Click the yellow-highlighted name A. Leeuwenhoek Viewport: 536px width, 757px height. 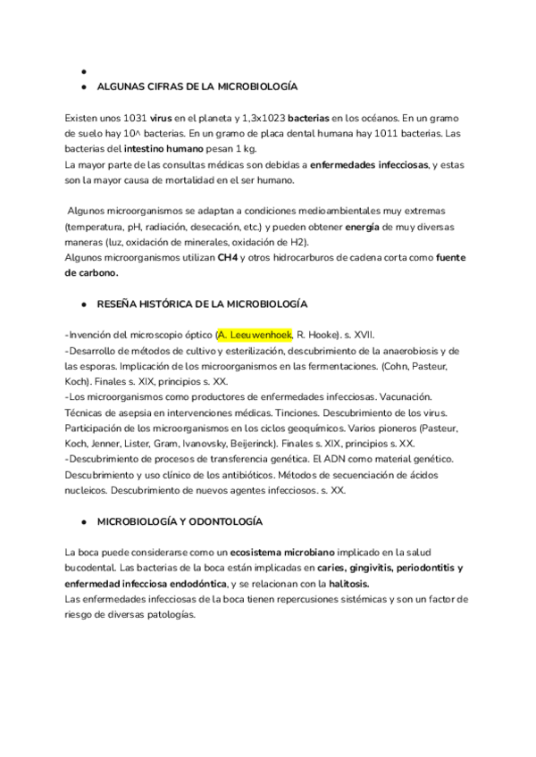(x=255, y=335)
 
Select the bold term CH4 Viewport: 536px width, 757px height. (x=227, y=257)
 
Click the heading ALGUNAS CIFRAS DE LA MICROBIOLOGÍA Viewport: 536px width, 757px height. (x=197, y=87)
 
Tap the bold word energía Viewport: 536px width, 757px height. (x=362, y=227)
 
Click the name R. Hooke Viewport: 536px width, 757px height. (x=320, y=335)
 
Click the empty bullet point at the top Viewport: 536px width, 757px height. (x=82, y=71)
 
